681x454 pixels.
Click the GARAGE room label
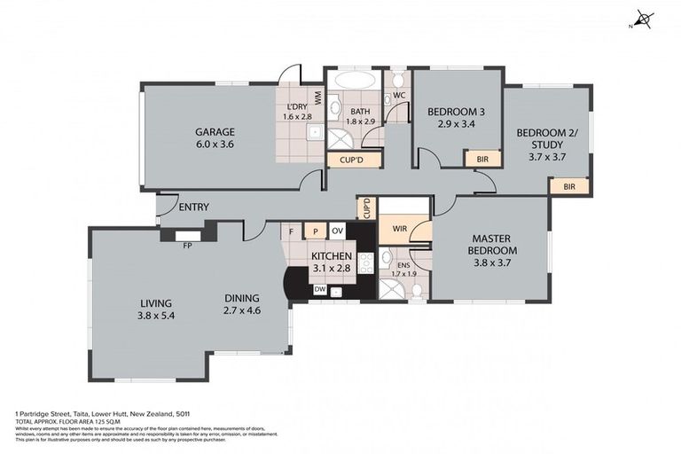coord(215,132)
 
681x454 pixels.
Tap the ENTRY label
coord(193,207)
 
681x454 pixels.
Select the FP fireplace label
coord(187,246)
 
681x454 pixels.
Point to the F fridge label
coord(291,232)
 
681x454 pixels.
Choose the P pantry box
coord(314,232)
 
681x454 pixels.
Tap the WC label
coord(399,94)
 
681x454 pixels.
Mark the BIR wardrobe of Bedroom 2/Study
coord(568,187)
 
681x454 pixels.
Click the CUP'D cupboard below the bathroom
coord(341,160)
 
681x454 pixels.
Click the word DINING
coord(241,298)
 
